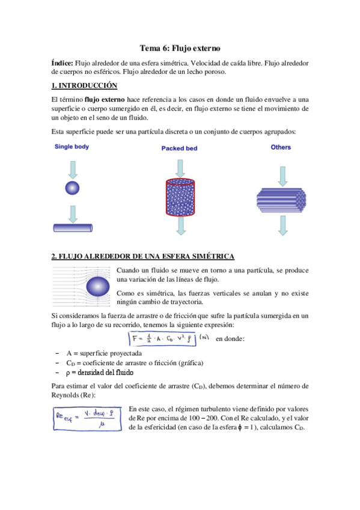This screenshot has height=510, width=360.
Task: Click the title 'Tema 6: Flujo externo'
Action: click(180, 48)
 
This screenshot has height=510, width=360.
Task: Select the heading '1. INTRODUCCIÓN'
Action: click(84, 85)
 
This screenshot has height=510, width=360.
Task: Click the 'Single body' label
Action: click(72, 146)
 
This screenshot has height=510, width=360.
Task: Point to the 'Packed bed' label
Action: click(179, 148)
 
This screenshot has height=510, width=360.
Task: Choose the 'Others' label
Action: click(281, 147)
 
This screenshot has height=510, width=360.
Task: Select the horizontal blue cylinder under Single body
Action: click(72, 227)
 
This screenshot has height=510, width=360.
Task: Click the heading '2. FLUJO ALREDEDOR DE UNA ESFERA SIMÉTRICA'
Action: click(143, 256)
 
